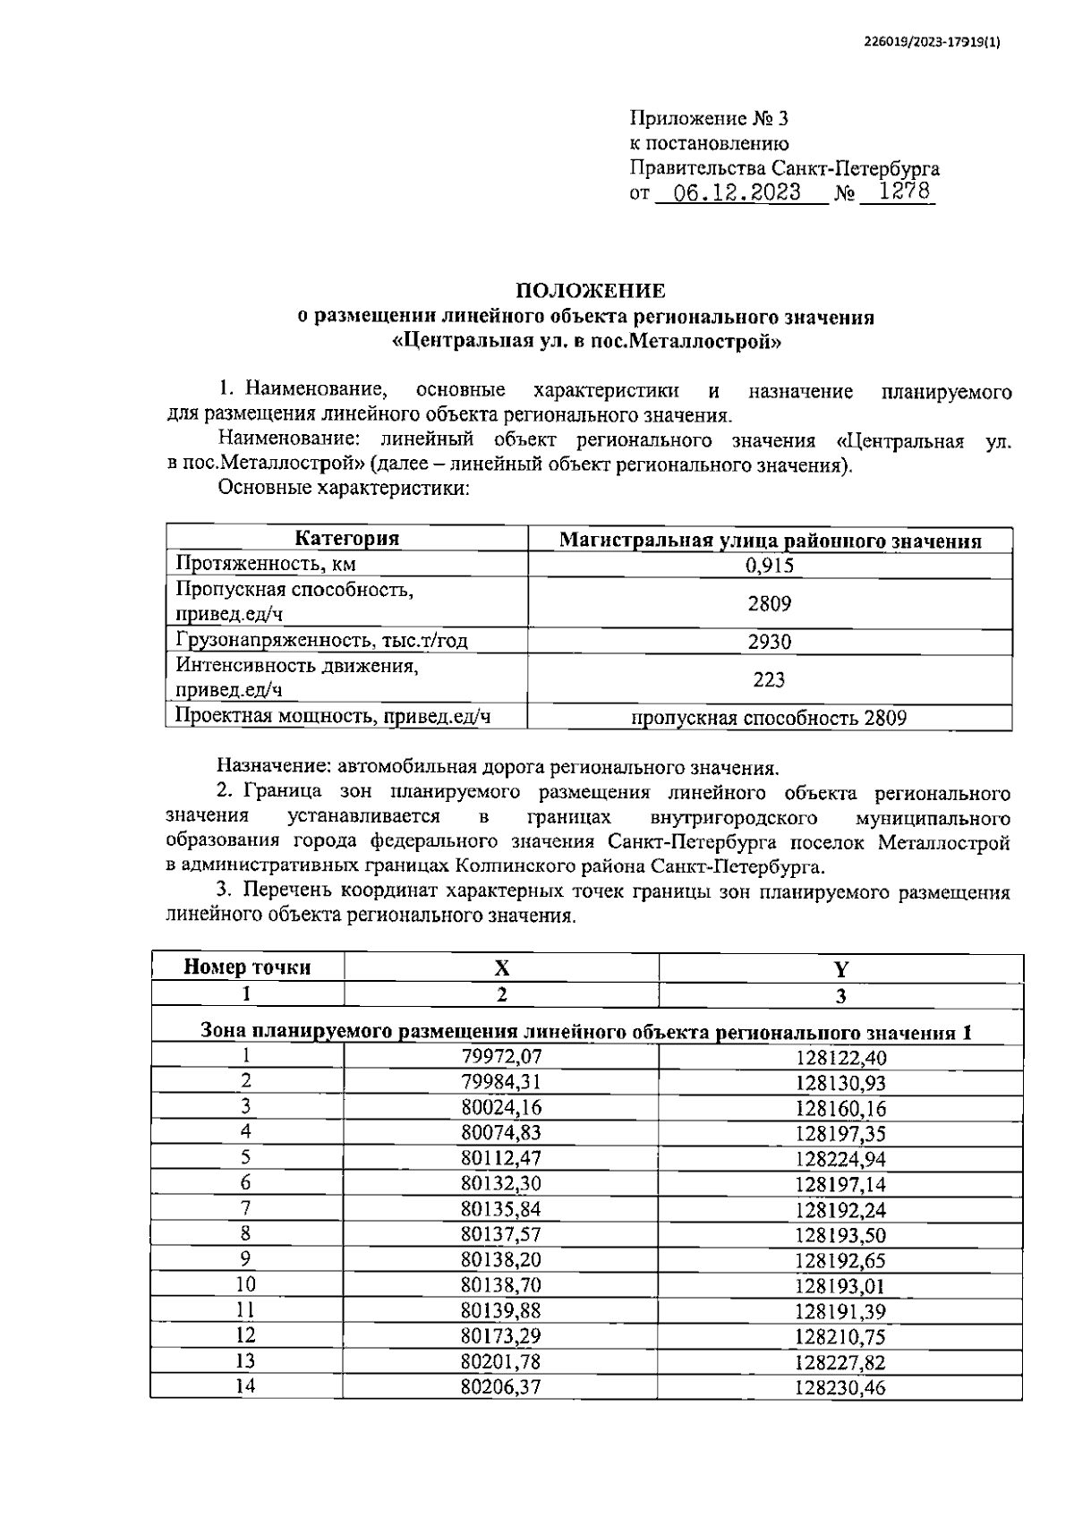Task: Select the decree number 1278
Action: (x=904, y=192)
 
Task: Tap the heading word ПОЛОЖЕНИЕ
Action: (x=590, y=291)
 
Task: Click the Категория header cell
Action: (x=347, y=539)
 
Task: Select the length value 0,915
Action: (x=769, y=565)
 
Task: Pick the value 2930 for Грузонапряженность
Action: (x=769, y=641)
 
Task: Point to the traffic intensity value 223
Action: (x=769, y=679)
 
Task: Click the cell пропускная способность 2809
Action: (x=769, y=718)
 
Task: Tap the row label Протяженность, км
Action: (x=266, y=564)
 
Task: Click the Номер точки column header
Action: (x=247, y=967)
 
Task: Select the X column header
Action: (x=502, y=968)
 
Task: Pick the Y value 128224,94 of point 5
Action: (x=840, y=1159)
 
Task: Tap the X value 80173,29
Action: (x=501, y=1337)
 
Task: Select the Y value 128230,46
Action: (x=840, y=1388)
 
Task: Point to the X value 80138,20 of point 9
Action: (x=501, y=1260)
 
